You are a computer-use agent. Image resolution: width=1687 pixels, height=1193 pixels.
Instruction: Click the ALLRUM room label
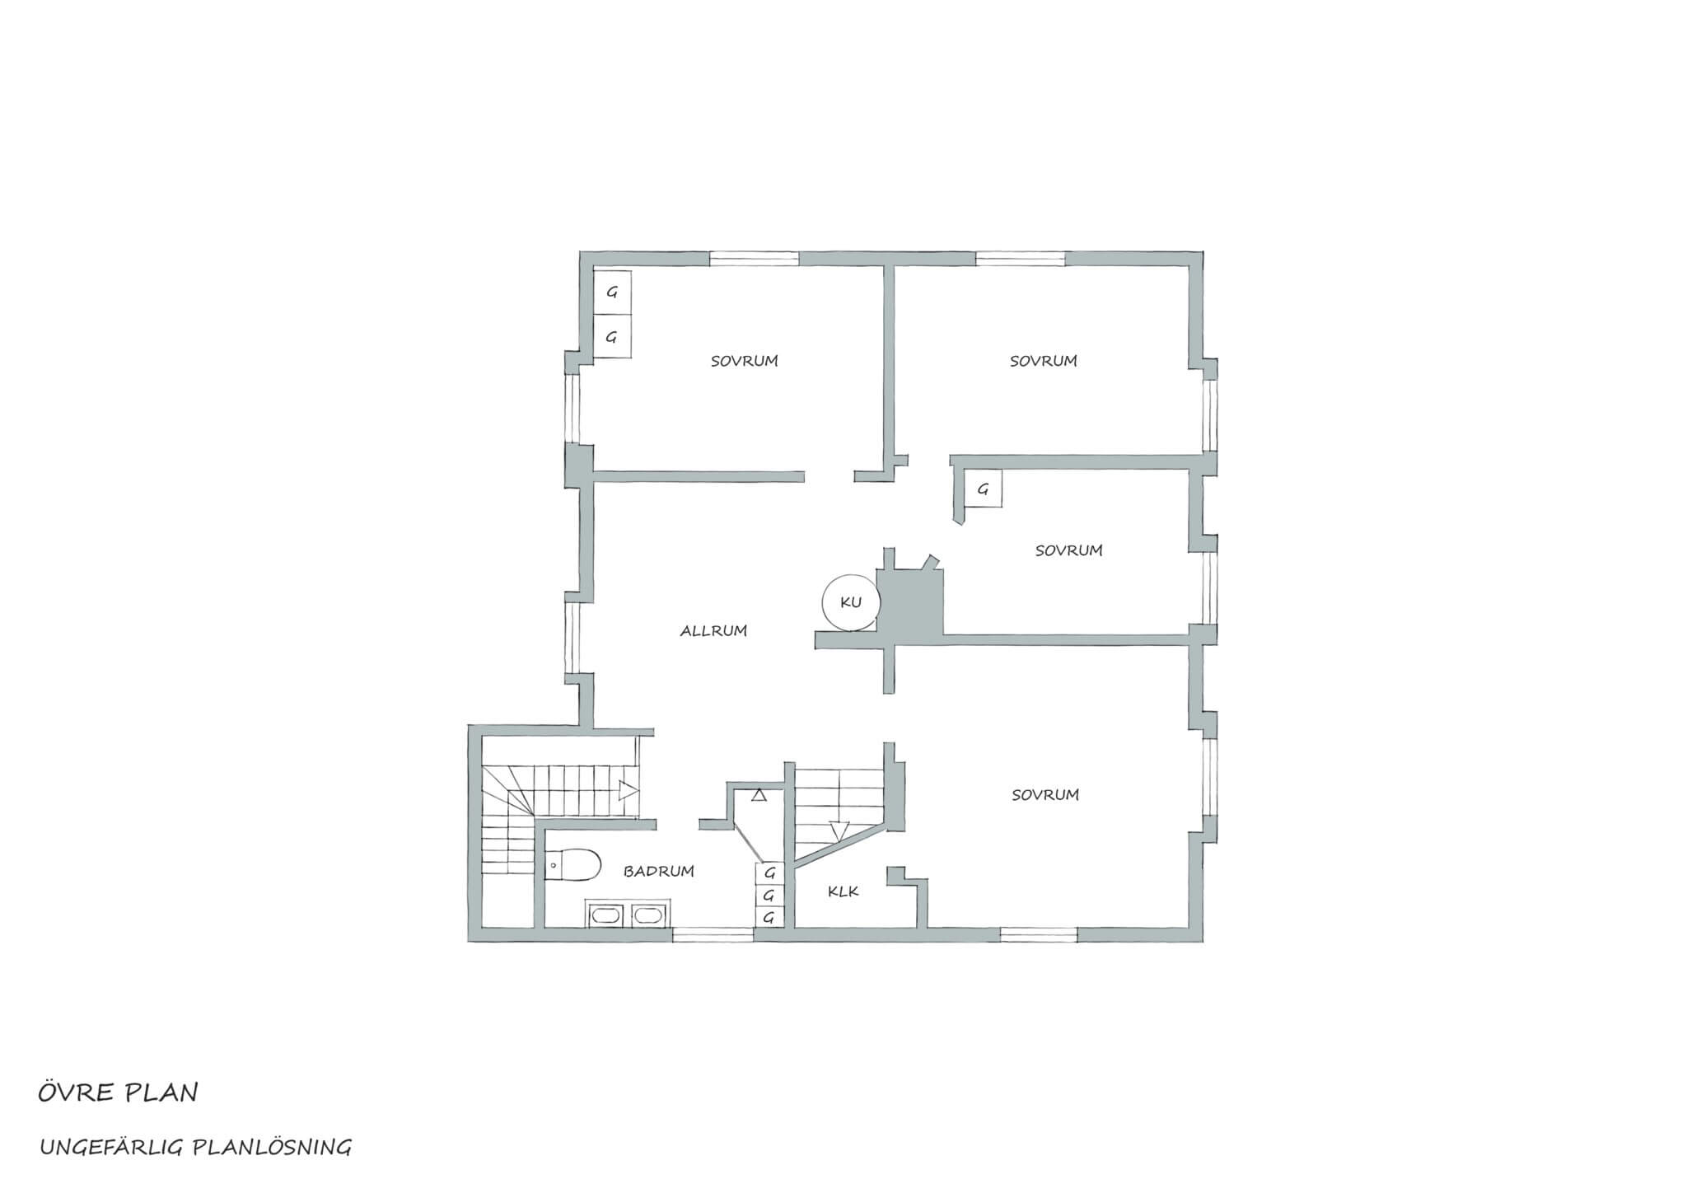(713, 631)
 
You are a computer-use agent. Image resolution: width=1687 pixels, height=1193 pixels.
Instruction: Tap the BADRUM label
(658, 871)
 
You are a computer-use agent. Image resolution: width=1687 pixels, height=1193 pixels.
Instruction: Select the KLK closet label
(843, 891)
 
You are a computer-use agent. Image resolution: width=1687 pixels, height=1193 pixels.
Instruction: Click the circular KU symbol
(850, 602)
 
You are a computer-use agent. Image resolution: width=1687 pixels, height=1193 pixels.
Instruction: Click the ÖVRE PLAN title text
(118, 1092)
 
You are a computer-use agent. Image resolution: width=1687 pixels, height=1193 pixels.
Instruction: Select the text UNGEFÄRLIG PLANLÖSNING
(196, 1147)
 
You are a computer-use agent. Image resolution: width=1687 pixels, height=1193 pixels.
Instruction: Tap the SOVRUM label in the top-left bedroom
(745, 361)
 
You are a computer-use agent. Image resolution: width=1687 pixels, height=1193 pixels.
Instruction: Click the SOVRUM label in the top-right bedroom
(1044, 361)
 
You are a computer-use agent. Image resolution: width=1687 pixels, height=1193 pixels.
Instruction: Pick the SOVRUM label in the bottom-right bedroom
(1045, 795)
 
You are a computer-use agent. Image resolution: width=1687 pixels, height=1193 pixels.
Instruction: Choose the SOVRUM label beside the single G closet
(1068, 550)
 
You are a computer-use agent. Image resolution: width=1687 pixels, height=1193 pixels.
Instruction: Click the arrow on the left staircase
(629, 791)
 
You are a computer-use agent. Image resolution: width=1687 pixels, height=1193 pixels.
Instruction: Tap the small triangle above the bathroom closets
(759, 795)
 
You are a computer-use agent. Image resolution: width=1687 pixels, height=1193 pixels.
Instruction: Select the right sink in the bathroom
(646, 915)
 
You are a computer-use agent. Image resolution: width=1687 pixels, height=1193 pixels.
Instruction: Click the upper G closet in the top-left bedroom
(612, 292)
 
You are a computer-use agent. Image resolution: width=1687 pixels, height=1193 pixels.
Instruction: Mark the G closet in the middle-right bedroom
(983, 489)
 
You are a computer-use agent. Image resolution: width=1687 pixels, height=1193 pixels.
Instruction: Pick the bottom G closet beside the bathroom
(769, 917)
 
